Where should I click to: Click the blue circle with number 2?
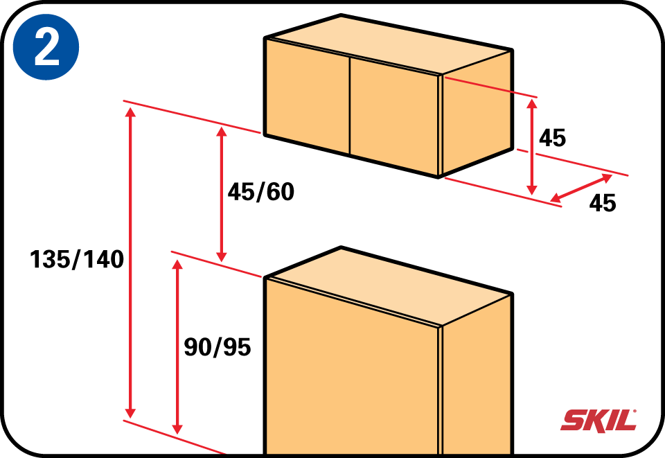[x=46, y=46]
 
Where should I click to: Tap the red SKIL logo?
[x=598, y=421]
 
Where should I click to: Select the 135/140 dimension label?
[x=77, y=259]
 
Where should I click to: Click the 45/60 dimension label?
[x=261, y=192]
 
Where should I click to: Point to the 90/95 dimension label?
[x=217, y=347]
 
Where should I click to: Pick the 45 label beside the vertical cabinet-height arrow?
[x=552, y=138]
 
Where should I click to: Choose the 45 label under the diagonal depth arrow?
[x=603, y=203]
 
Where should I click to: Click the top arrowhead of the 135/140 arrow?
[x=131, y=112]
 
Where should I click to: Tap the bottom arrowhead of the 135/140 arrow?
[x=131, y=413]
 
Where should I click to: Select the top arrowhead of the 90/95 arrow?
[x=178, y=264]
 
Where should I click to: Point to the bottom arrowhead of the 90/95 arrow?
[x=178, y=429]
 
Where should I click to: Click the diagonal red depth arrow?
[x=581, y=188]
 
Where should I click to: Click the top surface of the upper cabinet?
[x=389, y=44]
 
